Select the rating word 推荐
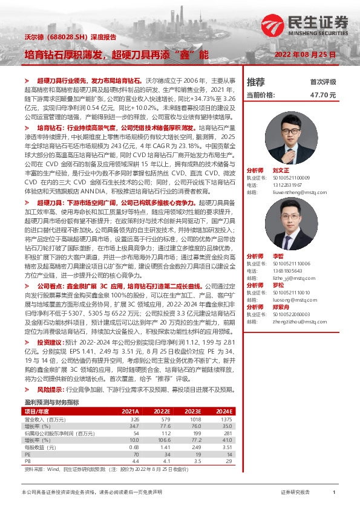[256, 82]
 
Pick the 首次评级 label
[322, 82]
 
